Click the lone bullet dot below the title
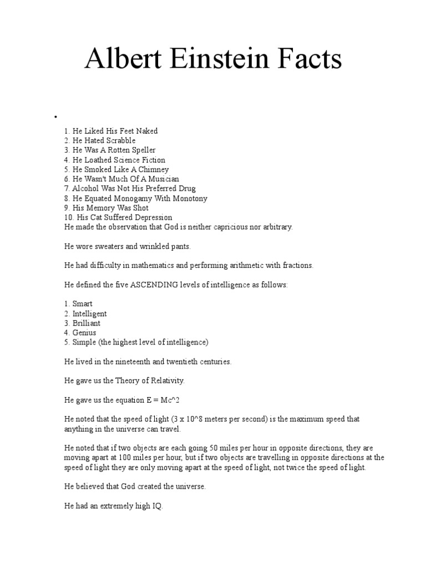pos(55,117)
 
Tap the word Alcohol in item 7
pos(87,189)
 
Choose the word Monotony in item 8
pos(187,198)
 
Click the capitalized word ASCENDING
pos(156,285)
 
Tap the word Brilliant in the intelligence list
pos(87,323)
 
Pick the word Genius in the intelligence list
pos(84,332)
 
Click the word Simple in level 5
pos(85,342)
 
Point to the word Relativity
pos(166,381)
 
